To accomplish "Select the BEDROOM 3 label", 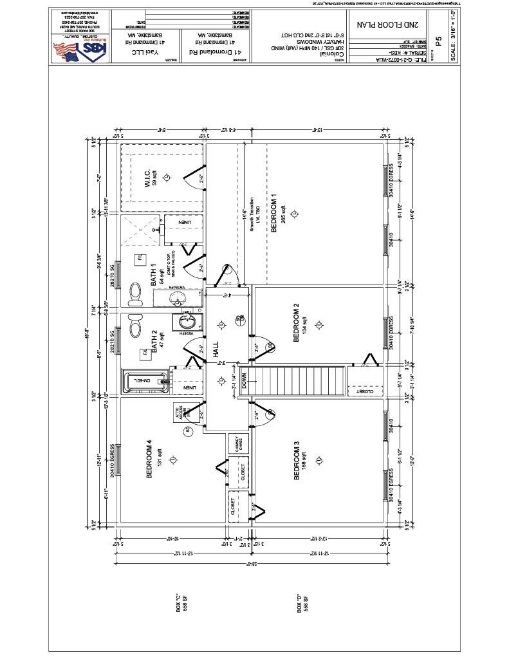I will tap(297, 460).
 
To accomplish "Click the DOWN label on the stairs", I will tap(244, 380).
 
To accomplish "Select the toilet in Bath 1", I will tap(136, 294).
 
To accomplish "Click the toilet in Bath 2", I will tap(135, 325).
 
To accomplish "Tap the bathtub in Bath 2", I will tap(145, 381).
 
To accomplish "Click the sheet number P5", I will tap(438, 40).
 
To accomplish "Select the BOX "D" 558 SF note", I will tap(302, 608).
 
